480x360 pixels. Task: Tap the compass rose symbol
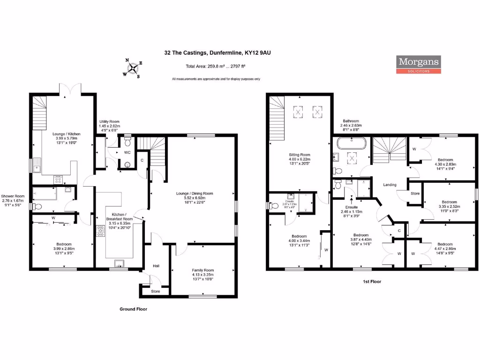134,68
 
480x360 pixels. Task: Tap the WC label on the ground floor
127,153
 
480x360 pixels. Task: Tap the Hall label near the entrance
157,266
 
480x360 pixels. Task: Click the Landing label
390,185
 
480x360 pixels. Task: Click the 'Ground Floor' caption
133,309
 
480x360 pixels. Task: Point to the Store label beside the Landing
414,193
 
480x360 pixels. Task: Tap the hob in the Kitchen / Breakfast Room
100,232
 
